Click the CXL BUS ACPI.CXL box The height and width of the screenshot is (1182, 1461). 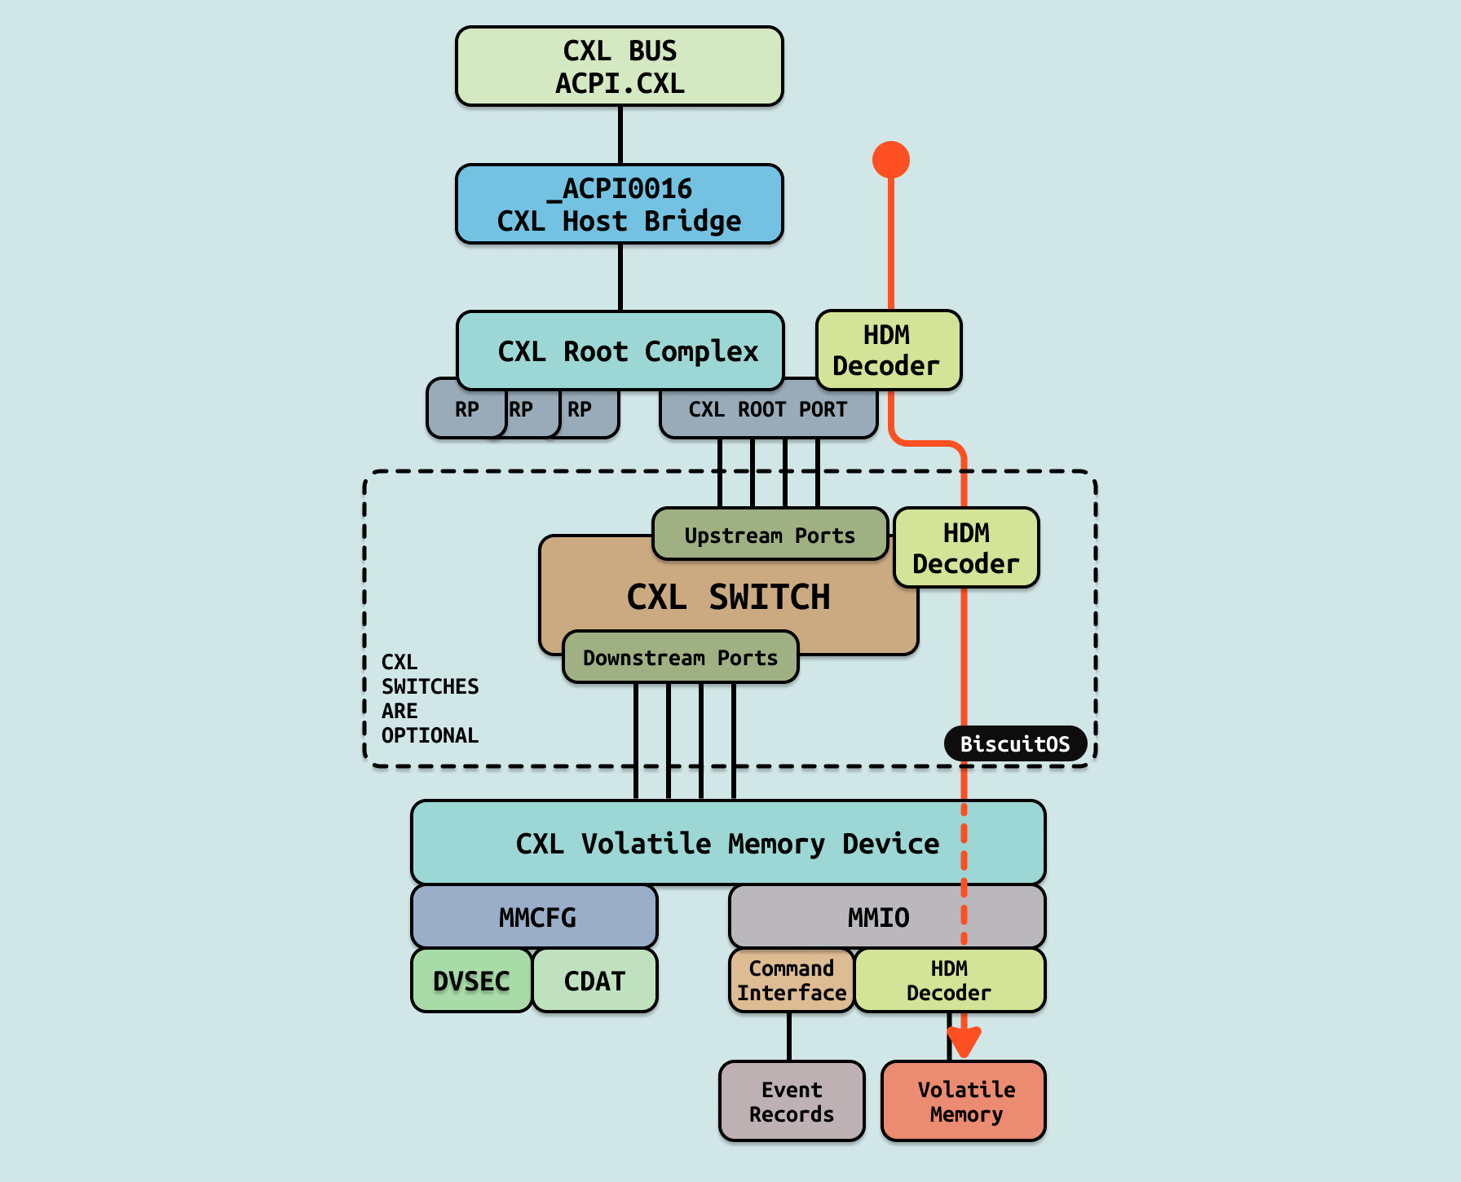[620, 66]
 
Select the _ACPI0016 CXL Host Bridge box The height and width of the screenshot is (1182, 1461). [620, 204]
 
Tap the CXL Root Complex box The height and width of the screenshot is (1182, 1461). [620, 351]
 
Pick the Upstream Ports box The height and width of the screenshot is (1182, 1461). [770, 535]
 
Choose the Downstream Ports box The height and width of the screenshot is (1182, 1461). [680, 657]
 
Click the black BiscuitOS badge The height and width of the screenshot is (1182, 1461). [1015, 743]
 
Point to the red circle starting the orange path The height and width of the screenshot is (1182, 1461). [890, 160]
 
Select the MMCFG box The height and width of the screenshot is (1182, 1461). [534, 917]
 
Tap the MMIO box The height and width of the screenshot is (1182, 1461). [887, 917]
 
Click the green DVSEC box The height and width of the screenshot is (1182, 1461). [471, 981]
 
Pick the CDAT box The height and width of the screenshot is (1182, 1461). [595, 981]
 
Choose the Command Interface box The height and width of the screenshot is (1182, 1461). [791, 981]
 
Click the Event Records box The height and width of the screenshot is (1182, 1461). [792, 1101]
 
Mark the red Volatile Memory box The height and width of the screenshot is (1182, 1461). [964, 1101]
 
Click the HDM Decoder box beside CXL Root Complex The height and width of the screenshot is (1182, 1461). [888, 351]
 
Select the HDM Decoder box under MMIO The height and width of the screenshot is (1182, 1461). [949, 981]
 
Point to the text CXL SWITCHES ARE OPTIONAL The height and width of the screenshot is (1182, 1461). [430, 699]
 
